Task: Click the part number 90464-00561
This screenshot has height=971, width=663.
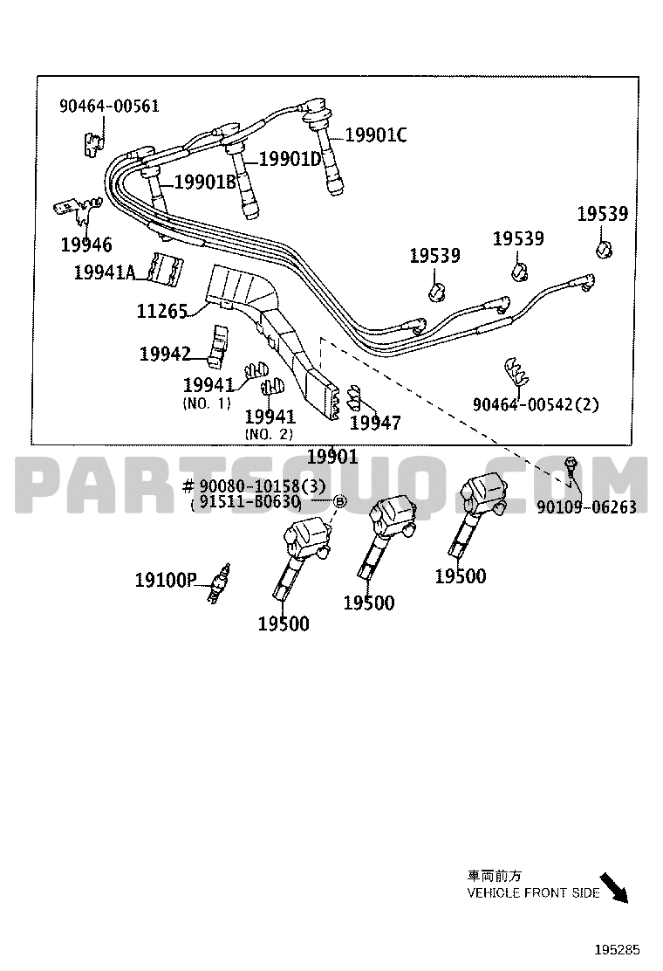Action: [x=109, y=106]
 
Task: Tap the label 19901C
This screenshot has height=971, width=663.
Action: [x=376, y=134]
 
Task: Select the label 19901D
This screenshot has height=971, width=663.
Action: [x=290, y=159]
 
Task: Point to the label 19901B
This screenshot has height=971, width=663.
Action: [x=205, y=182]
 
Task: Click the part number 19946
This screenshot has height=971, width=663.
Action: [x=86, y=244]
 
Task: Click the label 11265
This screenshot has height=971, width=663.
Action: [x=162, y=311]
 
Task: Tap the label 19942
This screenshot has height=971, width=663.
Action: [x=165, y=354]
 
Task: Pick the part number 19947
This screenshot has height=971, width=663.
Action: [x=375, y=423]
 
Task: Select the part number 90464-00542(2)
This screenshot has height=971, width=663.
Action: [x=536, y=404]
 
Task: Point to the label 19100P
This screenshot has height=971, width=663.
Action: [x=166, y=581]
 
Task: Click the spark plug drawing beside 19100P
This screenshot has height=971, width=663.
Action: [x=220, y=583]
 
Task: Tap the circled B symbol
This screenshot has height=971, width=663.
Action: [x=339, y=501]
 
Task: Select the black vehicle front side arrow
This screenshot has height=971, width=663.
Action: [x=615, y=887]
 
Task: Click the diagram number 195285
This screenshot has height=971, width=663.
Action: [x=618, y=950]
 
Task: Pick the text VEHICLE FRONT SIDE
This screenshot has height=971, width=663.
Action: [x=533, y=892]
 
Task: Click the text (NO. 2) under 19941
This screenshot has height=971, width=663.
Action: [x=269, y=434]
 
